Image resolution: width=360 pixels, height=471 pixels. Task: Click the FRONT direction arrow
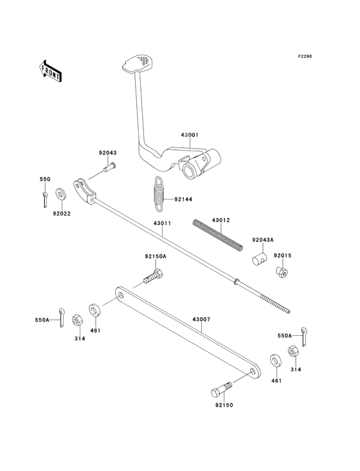50,71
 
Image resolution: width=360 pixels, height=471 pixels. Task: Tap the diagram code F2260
305,56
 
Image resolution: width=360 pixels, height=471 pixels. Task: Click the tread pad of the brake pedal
137,63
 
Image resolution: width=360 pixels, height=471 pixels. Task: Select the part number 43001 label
189,135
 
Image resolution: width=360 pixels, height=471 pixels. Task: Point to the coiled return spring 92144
159,195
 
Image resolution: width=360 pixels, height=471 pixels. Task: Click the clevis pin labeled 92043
110,167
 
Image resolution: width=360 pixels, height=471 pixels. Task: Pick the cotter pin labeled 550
45,199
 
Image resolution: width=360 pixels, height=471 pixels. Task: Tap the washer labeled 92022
61,194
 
